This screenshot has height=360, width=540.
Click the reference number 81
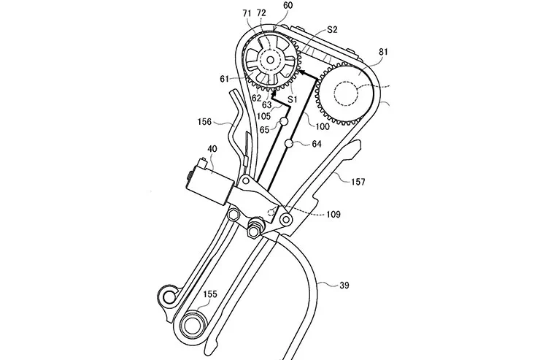pos(383,52)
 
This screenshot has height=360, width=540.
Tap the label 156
pos(204,122)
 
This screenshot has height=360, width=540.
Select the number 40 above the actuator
pos(212,149)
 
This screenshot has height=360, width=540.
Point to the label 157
pos(358,182)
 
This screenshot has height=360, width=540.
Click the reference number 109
pos(333,214)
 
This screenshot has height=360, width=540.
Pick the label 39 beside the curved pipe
pos(344,285)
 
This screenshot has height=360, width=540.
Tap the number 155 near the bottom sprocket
pos(209,294)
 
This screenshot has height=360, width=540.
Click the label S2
pos(331,30)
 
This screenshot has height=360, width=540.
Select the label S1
pos(293,100)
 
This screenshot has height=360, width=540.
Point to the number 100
pos(323,126)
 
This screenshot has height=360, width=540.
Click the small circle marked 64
pos(289,143)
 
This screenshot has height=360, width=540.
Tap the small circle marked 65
pos(284,121)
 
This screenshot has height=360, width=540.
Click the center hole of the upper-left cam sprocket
pos(270,61)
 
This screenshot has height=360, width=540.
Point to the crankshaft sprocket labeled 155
pos(190,325)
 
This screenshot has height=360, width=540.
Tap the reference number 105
pos(263,116)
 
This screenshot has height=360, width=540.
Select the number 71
pos(247,14)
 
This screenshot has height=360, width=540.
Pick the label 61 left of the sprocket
pos(224,79)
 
